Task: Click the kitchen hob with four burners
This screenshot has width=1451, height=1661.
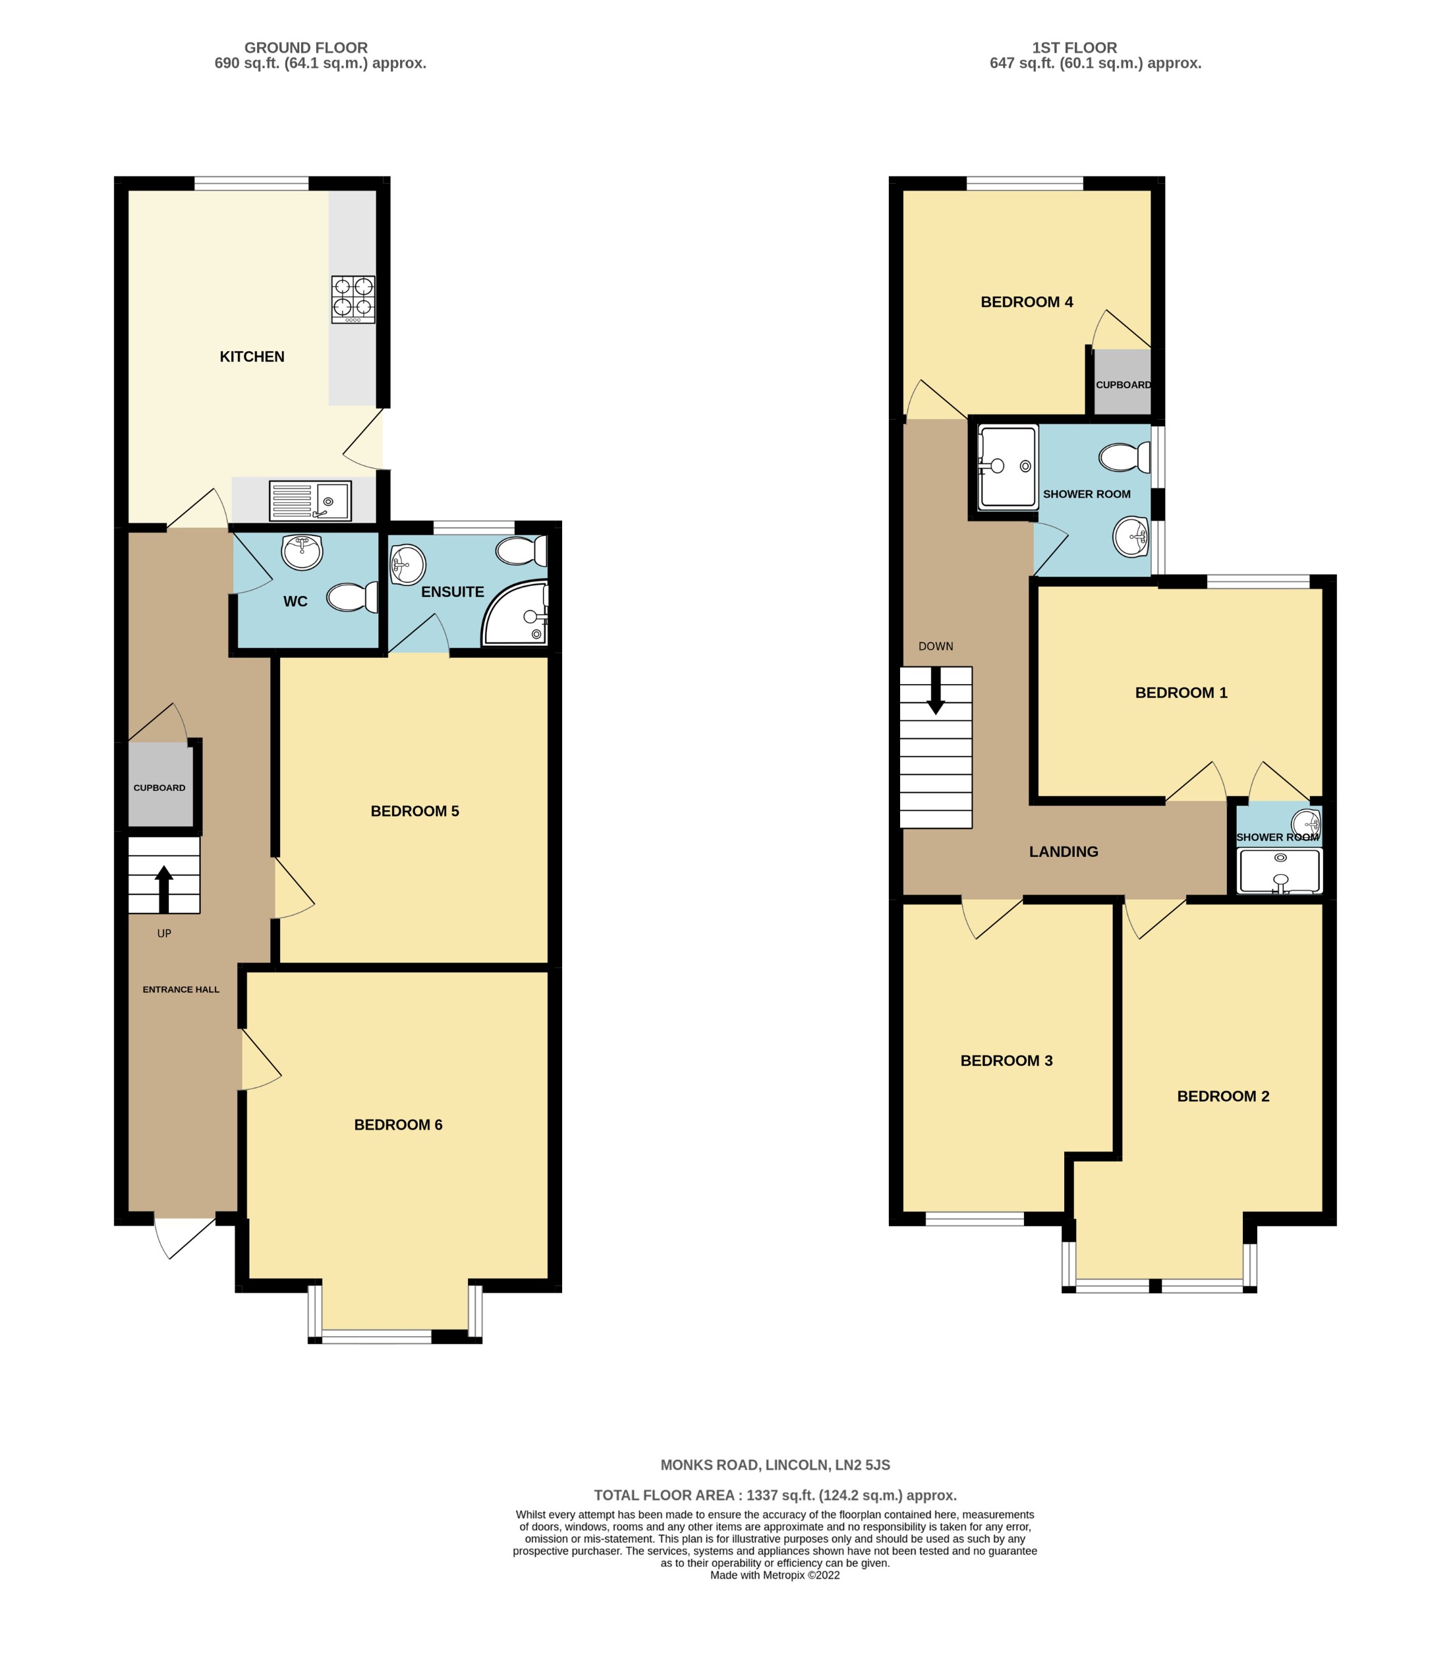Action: pos(353,300)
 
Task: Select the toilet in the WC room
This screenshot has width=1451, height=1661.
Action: pos(353,598)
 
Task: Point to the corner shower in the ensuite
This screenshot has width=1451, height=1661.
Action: pos(516,613)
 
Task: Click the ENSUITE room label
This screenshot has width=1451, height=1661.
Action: pos(453,592)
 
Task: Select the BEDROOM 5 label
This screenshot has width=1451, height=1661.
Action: pos(414,811)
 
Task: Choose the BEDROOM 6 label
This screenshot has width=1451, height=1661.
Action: pos(399,1124)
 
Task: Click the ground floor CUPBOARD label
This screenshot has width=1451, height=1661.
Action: pos(159,788)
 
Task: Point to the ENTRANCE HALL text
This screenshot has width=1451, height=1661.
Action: pos(181,989)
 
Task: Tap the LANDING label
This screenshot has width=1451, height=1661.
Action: pos(1063,851)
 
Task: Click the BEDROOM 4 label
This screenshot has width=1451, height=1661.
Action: pos(1027,302)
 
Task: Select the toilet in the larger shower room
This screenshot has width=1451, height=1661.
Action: pos(1125,457)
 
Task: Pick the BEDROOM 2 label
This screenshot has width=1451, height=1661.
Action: pos(1222,1095)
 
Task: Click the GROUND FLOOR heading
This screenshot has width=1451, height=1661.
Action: pos(306,47)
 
